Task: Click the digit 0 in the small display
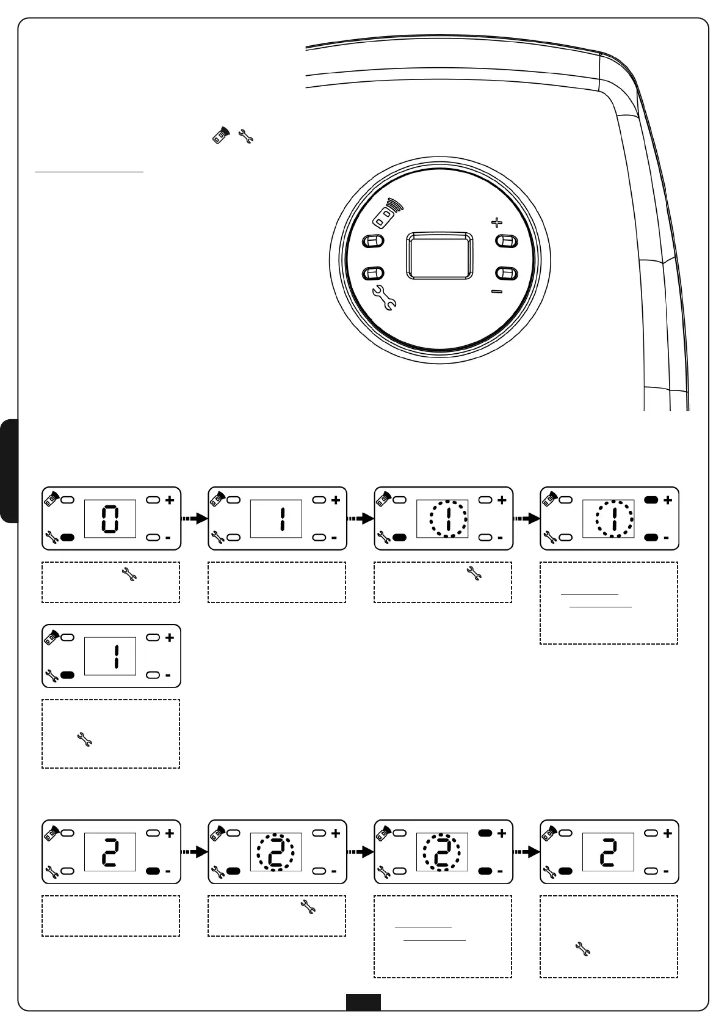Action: coord(110,519)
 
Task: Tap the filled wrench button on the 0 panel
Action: coord(68,538)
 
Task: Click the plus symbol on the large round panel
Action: coord(497,222)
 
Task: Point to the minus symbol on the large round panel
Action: coord(497,291)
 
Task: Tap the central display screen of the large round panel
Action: coord(439,255)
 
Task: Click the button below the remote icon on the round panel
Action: coord(373,241)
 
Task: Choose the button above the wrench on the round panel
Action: coord(373,273)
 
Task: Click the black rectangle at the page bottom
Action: coord(363,1002)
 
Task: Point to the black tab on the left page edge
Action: coord(9,471)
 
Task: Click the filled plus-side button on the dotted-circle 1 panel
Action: coord(651,500)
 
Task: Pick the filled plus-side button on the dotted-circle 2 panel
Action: coord(485,833)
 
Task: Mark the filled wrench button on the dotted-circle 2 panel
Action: coord(234,871)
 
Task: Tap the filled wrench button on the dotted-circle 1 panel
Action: coord(400,538)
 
